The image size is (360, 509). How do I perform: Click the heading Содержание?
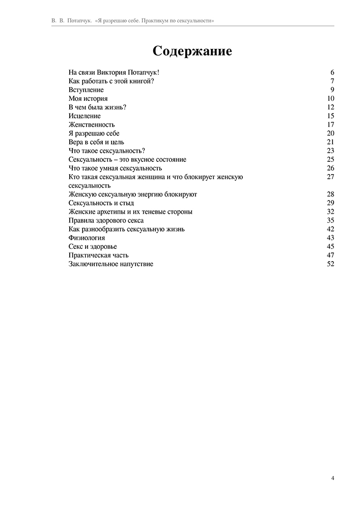(192, 51)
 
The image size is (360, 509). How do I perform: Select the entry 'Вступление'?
(86, 90)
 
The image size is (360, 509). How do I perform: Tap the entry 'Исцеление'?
(85, 116)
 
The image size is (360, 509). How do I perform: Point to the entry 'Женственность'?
(92, 125)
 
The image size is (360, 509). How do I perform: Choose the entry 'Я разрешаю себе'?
(94, 133)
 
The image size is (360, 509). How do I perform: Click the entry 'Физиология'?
(87, 238)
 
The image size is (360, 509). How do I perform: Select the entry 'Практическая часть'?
(98, 255)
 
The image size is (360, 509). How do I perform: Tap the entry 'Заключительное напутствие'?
(110, 264)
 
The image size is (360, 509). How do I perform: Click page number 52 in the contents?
(330, 264)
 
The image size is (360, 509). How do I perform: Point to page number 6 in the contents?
(332, 73)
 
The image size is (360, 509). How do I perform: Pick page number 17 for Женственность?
(330, 125)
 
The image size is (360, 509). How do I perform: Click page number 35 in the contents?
(330, 220)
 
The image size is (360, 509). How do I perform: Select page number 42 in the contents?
(330, 229)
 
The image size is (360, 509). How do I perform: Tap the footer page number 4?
(333, 478)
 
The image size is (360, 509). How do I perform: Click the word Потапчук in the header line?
(79, 21)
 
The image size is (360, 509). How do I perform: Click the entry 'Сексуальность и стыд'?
(101, 203)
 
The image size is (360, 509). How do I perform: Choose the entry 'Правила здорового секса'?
(106, 220)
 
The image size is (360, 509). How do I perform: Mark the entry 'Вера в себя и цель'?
(96, 142)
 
